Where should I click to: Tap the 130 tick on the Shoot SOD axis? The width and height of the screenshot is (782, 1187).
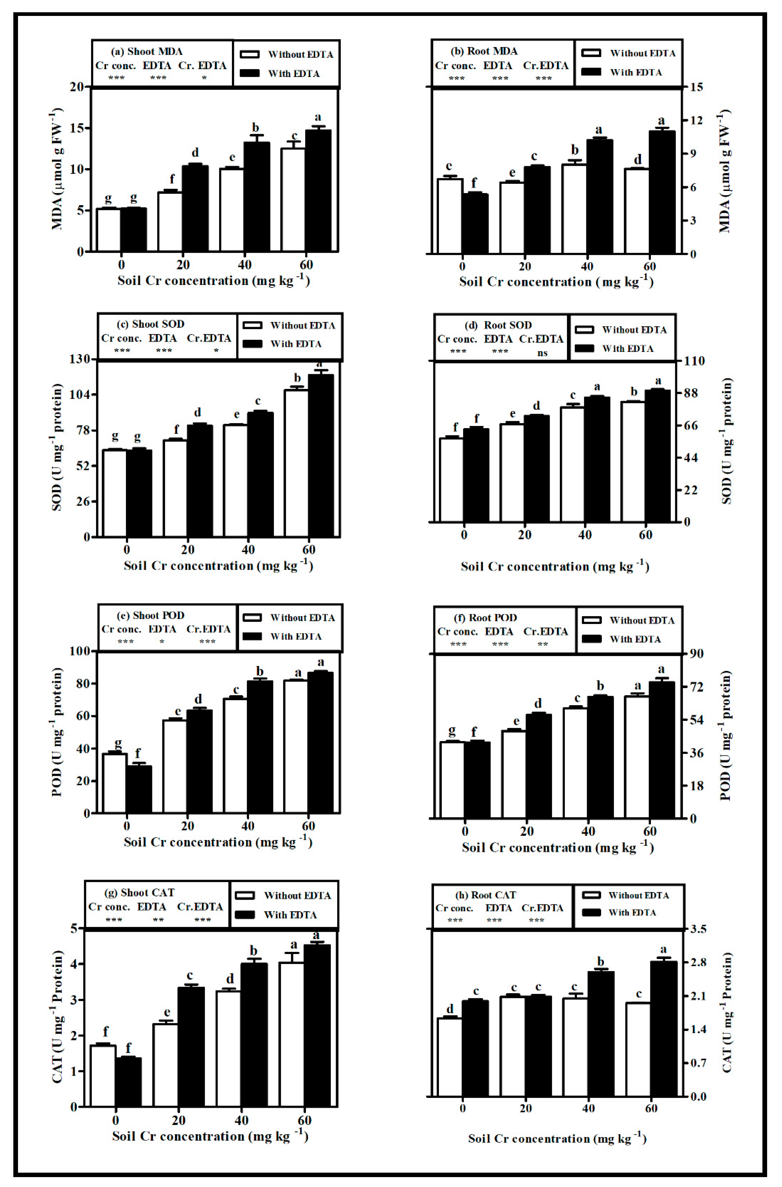[x=80, y=359]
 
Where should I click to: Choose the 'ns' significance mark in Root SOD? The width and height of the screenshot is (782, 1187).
[x=543, y=353]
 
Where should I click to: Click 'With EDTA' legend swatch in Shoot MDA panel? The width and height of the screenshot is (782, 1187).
[x=250, y=73]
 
